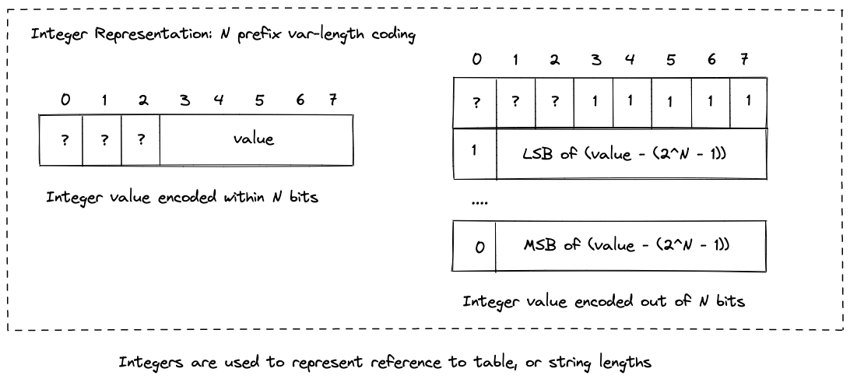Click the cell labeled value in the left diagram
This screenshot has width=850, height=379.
pyautogui.click(x=254, y=139)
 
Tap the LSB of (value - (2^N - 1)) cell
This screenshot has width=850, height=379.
pyautogui.click(x=630, y=153)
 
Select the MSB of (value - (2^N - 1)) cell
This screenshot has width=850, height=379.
pyautogui.click(x=630, y=245)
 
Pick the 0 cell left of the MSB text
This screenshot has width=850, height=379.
pyautogui.click(x=479, y=246)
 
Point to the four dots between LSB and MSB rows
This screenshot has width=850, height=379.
pyautogui.click(x=479, y=202)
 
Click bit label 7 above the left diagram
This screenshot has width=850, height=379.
pyautogui.click(x=332, y=99)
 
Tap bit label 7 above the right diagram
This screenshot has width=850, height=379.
pyautogui.click(x=745, y=60)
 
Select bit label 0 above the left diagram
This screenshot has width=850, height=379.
pyautogui.click(x=65, y=99)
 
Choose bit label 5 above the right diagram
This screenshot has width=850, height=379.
pyautogui.click(x=669, y=60)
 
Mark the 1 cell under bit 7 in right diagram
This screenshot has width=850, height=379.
pyautogui.click(x=747, y=101)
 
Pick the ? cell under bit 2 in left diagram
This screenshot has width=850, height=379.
pyautogui.click(x=140, y=139)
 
